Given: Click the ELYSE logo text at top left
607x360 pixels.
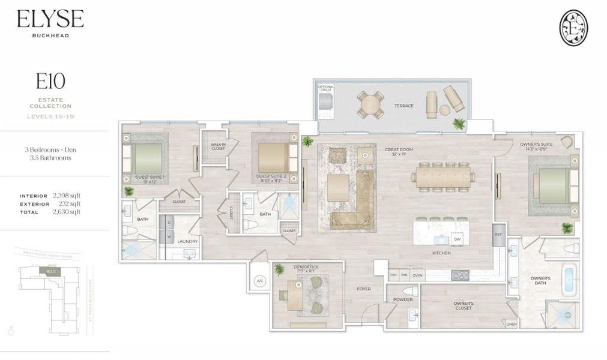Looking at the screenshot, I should [50, 19].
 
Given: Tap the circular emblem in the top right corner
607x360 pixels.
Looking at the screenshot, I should [573, 27].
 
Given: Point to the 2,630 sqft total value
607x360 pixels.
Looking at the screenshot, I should [66, 212].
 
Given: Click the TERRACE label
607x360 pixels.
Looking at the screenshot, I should [404, 106].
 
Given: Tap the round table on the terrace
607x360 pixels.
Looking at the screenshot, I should [371, 105].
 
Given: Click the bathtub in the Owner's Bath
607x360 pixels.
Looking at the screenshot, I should [569, 281].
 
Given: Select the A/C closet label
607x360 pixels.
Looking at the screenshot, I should [260, 281].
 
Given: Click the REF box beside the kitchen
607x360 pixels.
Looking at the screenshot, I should [498, 235].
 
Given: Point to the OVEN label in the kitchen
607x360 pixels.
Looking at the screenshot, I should [417, 275].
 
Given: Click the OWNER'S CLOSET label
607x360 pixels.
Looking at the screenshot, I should [464, 306].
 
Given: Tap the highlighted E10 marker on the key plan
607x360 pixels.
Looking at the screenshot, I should [50, 272].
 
